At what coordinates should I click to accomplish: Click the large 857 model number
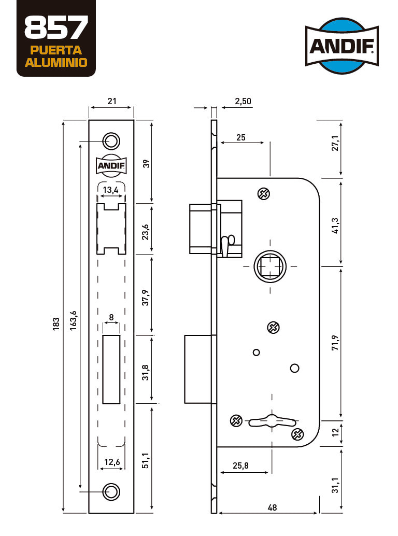pos(56,27)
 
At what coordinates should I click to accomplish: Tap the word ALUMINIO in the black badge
pos(56,63)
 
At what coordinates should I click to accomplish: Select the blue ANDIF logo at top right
pos(342,46)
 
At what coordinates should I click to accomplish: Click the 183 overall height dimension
pos(56,323)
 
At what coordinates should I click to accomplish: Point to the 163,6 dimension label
pos(73,320)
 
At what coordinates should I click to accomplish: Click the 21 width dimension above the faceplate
pos(112,101)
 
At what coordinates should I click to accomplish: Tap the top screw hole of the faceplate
pos(111,141)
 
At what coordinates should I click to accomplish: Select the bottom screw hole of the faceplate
pos(111,492)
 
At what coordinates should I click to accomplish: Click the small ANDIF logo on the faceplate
pos(111,166)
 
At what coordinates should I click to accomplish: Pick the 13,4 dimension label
pos(111,190)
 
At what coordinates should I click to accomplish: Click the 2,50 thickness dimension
pos(243,101)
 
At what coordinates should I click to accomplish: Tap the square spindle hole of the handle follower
pos(270,266)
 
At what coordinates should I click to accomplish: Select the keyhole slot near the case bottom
pos(272,421)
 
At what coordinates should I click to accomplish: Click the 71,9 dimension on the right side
pos(335,343)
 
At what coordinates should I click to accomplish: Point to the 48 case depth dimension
pos(272,507)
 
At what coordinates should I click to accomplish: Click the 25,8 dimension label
pos(241,466)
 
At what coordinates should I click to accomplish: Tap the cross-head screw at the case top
pos(263,194)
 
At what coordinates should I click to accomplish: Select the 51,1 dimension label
pos(146,460)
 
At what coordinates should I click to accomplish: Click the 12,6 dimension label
pos(112,462)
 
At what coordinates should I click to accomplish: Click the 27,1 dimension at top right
pos(335,143)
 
